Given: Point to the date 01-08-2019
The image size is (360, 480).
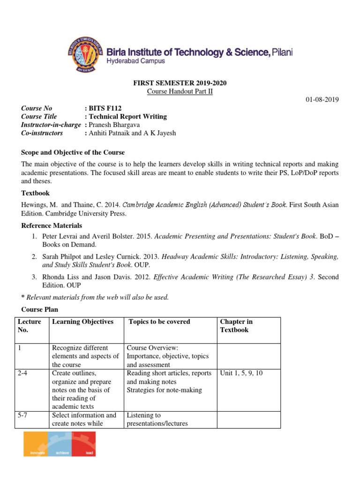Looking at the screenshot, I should point(322,100).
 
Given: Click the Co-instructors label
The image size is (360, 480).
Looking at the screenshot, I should point(42,133).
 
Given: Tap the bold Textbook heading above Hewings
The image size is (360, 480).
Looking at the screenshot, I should point(35,193).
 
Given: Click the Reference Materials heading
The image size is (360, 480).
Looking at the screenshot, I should point(52,225).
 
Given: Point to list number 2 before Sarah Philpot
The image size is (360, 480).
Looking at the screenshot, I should point(34,257).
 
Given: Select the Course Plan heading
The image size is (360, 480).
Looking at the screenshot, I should point(40,310).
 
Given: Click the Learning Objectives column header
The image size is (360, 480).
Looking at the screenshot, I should point(83,322).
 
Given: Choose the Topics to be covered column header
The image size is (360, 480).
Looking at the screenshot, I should point(159,322).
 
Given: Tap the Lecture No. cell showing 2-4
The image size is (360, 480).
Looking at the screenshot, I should point(23,373).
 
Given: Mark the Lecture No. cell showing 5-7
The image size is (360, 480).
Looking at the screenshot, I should point(23,415).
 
